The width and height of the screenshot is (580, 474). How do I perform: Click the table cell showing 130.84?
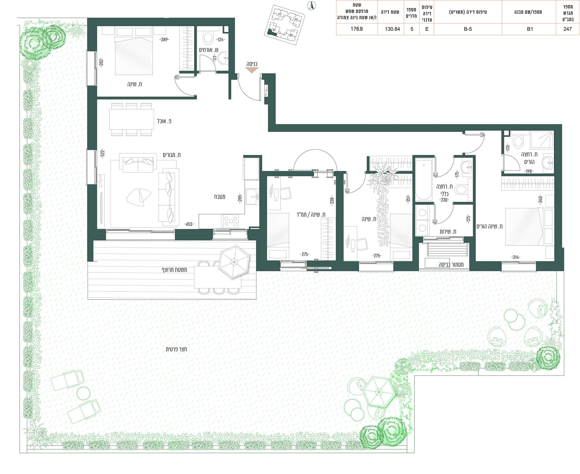[x=392, y=29]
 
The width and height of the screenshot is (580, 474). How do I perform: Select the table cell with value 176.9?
[x=357, y=29]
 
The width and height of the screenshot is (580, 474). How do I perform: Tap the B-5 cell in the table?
[x=468, y=29]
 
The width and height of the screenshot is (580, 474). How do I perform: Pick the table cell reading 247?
[x=567, y=29]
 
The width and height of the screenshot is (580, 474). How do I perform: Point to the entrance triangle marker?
[x=252, y=70]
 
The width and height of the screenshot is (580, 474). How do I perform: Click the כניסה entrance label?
[x=252, y=64]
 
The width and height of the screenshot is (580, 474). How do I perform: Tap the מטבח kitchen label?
[x=220, y=197]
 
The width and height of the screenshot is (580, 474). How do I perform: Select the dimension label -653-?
[x=189, y=224]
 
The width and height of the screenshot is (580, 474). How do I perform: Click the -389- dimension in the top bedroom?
[x=164, y=40]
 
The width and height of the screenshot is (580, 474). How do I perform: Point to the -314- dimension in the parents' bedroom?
[x=516, y=257]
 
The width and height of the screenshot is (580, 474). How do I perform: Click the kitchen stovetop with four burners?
[x=230, y=221]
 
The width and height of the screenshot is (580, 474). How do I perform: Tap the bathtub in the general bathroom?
[x=424, y=180]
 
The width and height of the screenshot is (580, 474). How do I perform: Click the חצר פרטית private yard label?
[x=176, y=349]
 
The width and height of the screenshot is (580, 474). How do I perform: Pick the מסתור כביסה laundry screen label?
[x=451, y=265]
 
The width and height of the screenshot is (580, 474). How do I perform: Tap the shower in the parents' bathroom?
[x=542, y=140]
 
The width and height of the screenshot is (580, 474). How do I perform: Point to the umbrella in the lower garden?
[x=379, y=392]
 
